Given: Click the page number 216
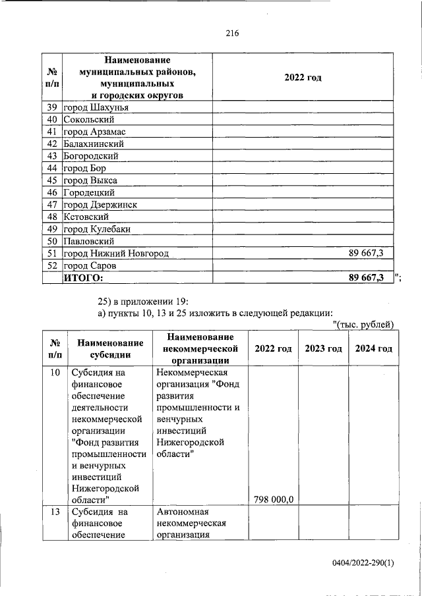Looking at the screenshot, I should coord(231,34).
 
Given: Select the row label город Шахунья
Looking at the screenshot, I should coord(96,107).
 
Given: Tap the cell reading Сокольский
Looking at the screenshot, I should coord(89,119).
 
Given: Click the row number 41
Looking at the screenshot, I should coord(52,132).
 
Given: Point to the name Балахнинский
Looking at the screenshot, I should coord(94,144).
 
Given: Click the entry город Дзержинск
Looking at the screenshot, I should coord(100,205).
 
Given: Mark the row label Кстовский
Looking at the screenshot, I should coord(86,217).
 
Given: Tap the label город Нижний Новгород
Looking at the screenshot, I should coord(116,254).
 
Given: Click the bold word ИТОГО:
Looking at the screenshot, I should coord(84,278).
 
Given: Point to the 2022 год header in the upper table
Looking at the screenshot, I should coord(303,78).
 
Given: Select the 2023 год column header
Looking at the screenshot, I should coord(323,348).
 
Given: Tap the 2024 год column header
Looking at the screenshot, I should coord(373,348).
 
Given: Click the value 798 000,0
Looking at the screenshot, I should coord(273,500).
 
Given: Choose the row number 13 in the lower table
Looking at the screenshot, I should coord(55,512).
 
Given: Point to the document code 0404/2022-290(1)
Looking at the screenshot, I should coord(363,564).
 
